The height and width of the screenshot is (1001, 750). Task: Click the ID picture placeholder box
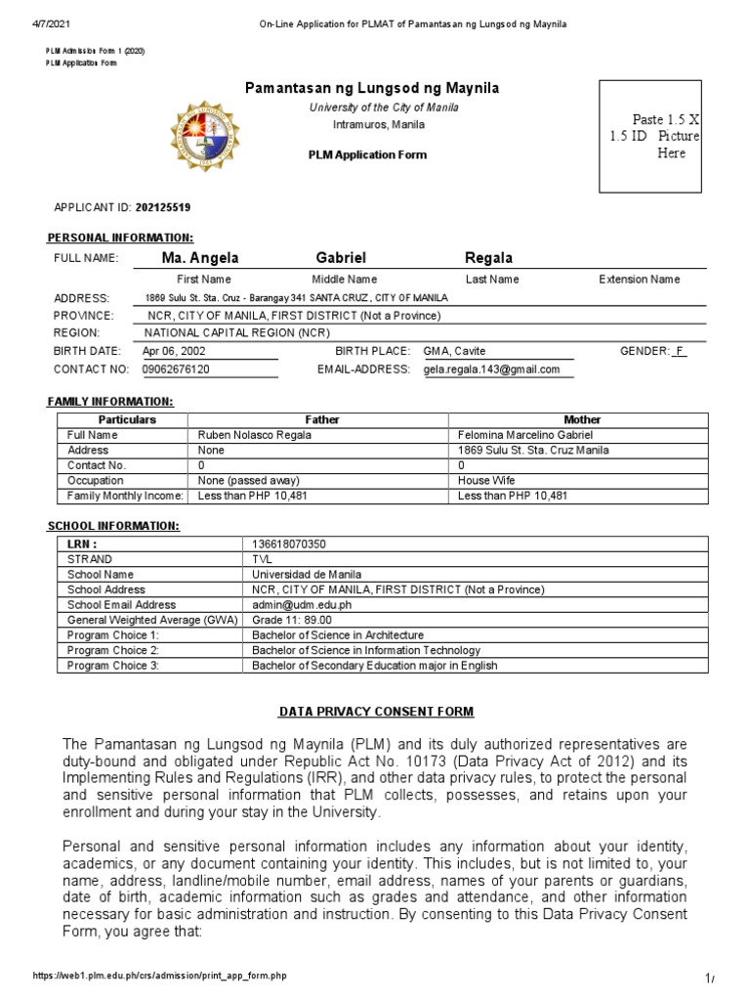tap(650, 136)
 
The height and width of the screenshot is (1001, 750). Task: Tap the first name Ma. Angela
tap(200, 258)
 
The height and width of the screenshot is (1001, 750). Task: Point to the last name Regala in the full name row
tap(489, 258)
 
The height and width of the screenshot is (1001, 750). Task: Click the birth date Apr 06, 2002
tap(175, 351)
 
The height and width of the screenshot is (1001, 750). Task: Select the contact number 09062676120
tap(177, 370)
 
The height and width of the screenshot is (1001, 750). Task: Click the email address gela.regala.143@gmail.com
tap(492, 370)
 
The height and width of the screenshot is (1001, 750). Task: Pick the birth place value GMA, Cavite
tap(455, 351)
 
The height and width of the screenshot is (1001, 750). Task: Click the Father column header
tap(322, 419)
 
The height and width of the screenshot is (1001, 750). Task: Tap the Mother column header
tap(582, 419)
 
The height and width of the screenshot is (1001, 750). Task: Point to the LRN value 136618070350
tap(290, 544)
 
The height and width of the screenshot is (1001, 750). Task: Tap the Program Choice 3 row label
tap(113, 666)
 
